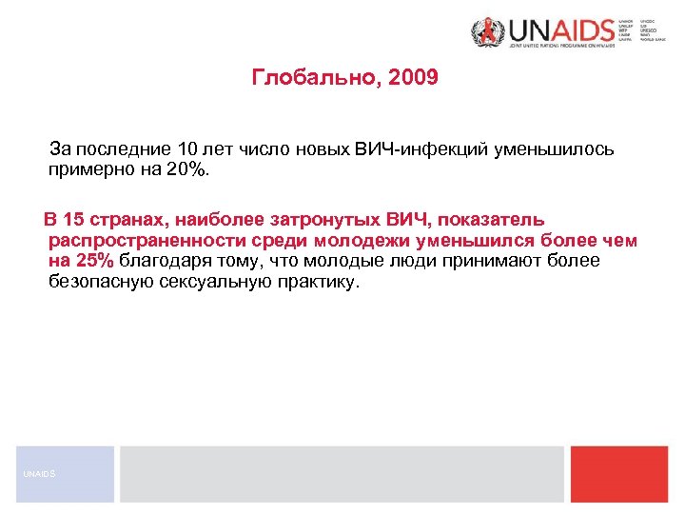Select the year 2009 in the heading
413,77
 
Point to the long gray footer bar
342,473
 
